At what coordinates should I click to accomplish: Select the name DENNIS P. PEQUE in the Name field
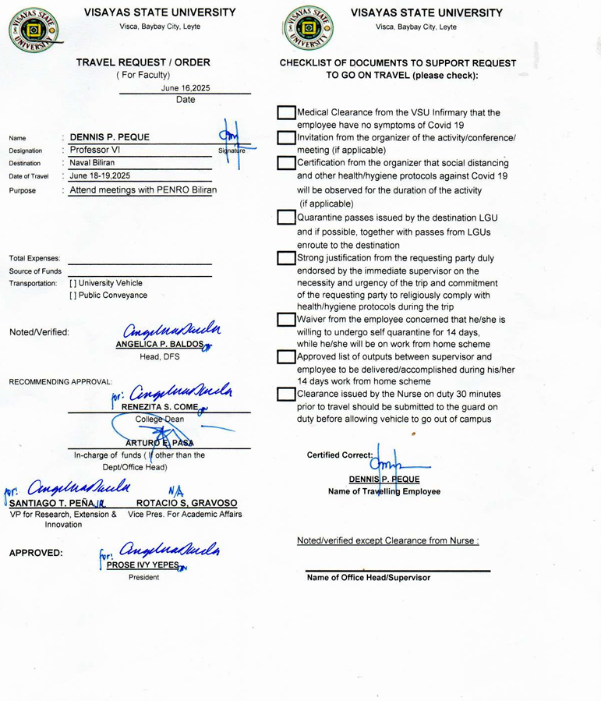(109, 137)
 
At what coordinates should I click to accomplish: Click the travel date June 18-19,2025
(100, 176)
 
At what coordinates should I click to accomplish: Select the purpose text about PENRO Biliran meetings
(143, 189)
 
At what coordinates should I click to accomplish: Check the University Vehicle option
(73, 283)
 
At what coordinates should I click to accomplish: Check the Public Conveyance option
(73, 296)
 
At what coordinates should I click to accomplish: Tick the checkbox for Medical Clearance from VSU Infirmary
(286, 113)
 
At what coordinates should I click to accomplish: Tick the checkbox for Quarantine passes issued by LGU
(286, 217)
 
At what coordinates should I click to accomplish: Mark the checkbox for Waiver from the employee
(286, 320)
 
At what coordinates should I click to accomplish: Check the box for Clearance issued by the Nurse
(286, 395)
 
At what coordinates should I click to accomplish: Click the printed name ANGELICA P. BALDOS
(159, 345)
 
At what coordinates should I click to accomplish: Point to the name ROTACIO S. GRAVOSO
(186, 504)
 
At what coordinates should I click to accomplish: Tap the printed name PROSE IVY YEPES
(143, 565)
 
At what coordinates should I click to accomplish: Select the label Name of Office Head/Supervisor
(368, 578)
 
